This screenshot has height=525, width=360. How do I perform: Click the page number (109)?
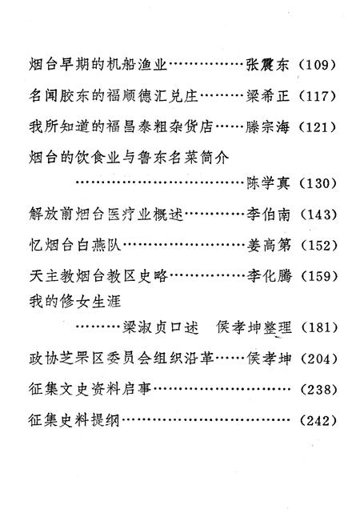316,64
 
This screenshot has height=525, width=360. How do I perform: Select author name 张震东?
267,64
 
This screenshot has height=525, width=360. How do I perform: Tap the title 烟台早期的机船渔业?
98,64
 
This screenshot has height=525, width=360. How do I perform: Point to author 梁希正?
267,96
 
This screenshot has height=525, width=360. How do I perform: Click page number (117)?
316,96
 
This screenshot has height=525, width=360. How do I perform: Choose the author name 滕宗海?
267,127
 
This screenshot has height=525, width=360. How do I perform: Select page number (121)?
316,127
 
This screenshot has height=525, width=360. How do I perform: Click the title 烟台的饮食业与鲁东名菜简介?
129,157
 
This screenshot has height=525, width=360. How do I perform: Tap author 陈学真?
268,182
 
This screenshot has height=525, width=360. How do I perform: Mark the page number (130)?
317,182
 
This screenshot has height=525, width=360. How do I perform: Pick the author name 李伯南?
268,214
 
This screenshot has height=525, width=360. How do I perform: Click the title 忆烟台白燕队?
75,245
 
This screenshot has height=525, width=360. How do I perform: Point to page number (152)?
318,246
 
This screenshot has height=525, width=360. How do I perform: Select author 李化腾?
269,276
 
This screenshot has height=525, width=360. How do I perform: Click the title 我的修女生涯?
74,302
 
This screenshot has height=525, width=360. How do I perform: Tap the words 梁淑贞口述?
161,327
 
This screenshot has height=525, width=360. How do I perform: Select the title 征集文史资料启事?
90,389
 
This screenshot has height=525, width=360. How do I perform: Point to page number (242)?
318,420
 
